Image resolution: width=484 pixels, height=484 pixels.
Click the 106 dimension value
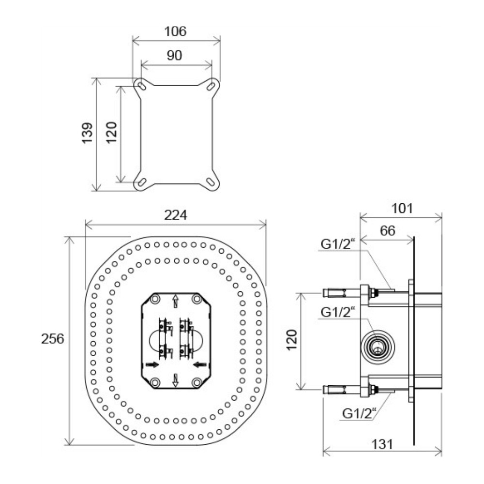click(175, 31)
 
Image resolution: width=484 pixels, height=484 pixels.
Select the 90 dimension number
click(174, 56)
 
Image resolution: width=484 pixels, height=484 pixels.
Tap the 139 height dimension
click(87, 133)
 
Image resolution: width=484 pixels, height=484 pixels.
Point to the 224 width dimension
click(175, 215)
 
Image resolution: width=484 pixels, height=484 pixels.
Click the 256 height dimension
click(52, 339)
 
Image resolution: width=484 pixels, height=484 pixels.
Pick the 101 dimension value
click(402, 209)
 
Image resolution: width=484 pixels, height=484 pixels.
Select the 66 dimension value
click(387, 230)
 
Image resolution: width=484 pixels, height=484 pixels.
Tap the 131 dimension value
click(382, 444)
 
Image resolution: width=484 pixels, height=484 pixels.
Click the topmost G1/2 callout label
click(338, 244)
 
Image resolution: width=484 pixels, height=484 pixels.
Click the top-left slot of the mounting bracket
click(142, 86)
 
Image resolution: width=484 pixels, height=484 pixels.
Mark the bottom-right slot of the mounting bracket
click(211, 182)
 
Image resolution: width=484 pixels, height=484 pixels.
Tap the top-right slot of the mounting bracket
click(211, 86)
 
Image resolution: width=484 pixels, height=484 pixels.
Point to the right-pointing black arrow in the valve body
click(152, 365)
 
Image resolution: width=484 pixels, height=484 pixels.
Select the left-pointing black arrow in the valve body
click(200, 365)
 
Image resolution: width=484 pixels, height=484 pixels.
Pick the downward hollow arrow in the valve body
click(175, 380)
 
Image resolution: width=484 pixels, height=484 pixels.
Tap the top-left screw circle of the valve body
click(155, 299)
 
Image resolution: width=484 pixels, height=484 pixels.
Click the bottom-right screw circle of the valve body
click(197, 383)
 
